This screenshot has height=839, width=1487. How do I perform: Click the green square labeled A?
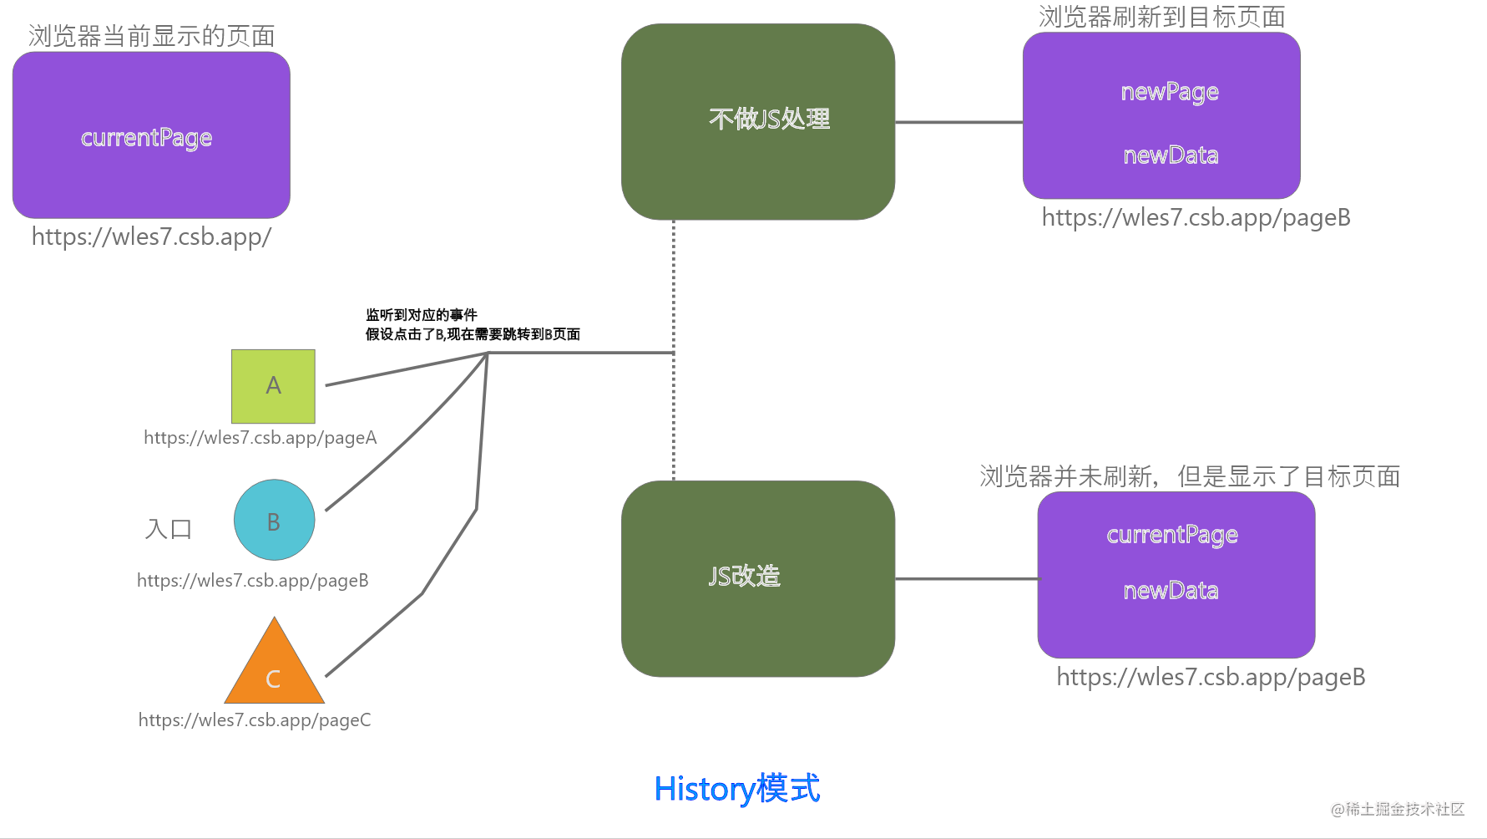point(273,386)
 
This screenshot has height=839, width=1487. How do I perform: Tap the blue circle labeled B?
point(274,520)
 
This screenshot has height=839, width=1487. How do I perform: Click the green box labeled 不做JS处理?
point(758,122)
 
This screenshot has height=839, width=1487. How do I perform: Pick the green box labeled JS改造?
point(758,578)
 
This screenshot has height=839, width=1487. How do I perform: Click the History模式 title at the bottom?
point(736,789)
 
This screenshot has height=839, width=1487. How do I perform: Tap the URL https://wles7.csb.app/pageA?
point(260,438)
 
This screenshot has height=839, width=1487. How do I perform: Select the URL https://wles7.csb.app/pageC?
point(255,720)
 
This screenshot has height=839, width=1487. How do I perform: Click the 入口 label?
point(169,529)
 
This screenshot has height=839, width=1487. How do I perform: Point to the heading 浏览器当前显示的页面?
point(151,36)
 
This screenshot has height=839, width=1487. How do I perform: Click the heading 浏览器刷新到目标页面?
point(1161,17)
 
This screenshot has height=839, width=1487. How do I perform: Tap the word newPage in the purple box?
point(1169,92)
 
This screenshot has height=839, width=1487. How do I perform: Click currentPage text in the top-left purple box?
point(146,138)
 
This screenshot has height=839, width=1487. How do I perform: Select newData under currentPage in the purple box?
point(1171,591)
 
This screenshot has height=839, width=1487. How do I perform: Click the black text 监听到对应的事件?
point(422,315)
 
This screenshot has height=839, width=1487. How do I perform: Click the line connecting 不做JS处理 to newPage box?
point(958,123)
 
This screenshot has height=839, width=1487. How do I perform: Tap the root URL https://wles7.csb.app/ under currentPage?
point(151,237)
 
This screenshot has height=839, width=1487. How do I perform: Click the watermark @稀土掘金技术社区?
point(1397,809)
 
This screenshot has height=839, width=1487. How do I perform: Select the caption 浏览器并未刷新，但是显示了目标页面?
point(1189,477)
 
